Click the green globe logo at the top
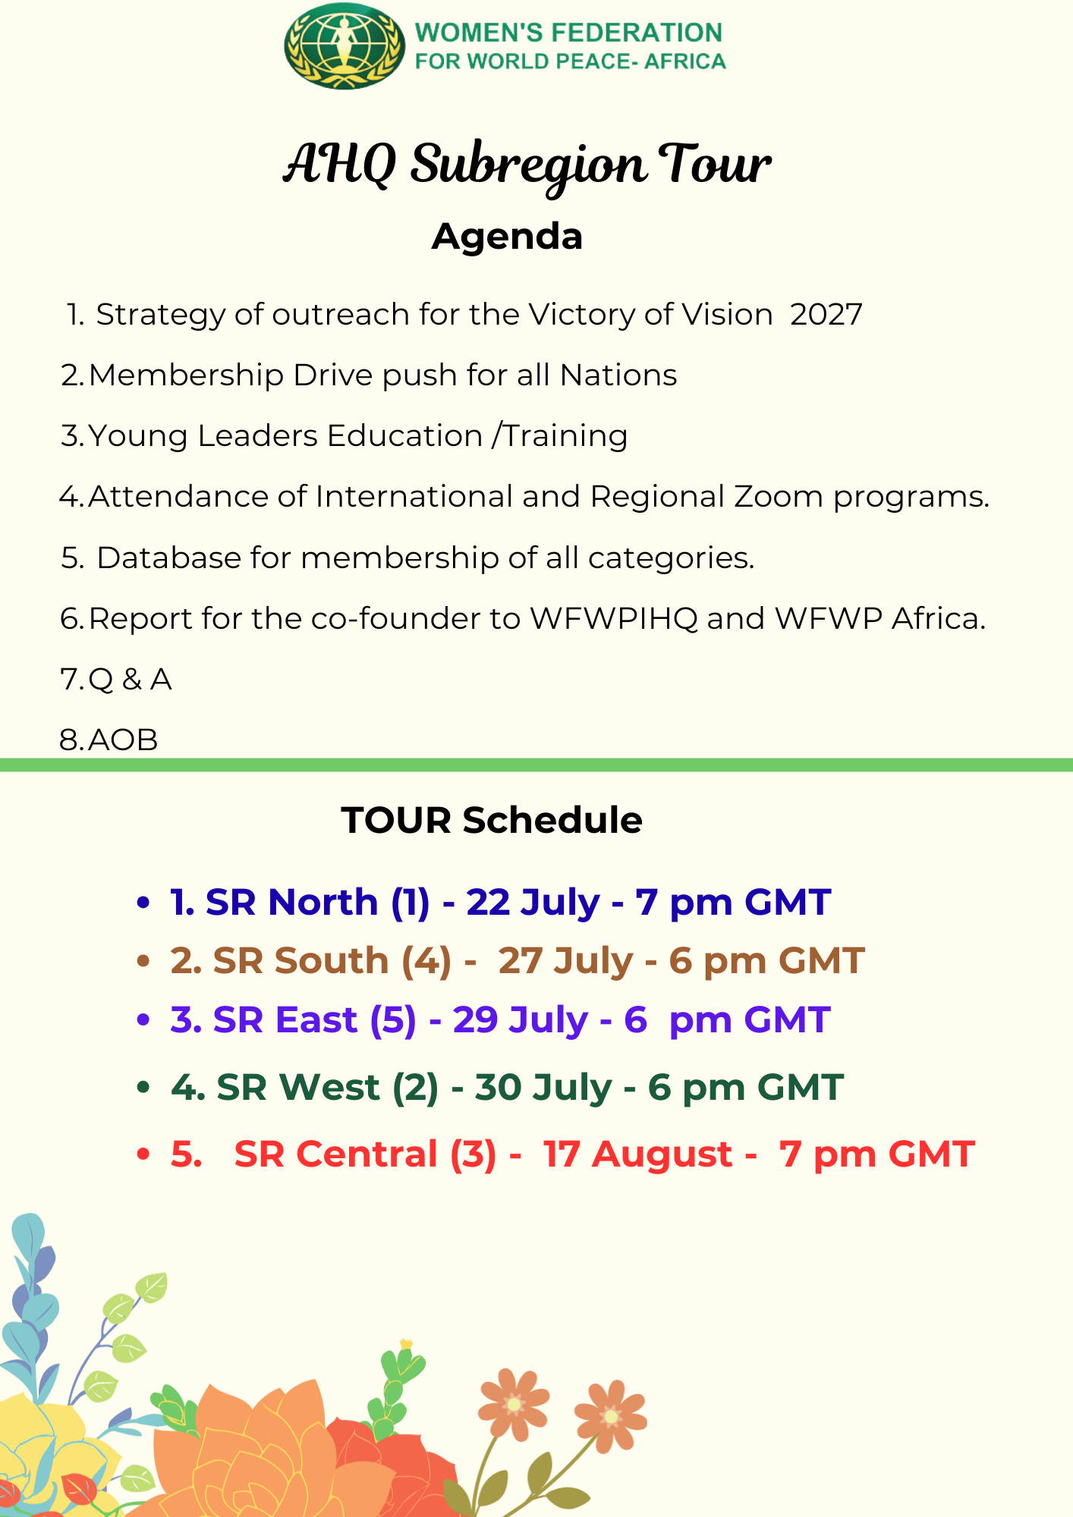pyautogui.click(x=345, y=46)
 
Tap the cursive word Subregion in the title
pyautogui.click(x=529, y=165)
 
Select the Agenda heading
pyautogui.click(x=507, y=236)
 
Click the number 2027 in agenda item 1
pyautogui.click(x=826, y=314)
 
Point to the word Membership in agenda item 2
pyautogui.click(x=186, y=375)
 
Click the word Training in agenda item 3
pyautogui.click(x=566, y=436)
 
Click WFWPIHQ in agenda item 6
pyautogui.click(x=614, y=618)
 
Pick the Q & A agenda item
pyautogui.click(x=130, y=679)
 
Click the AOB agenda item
pyautogui.click(x=123, y=740)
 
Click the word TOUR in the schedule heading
pyautogui.click(x=396, y=820)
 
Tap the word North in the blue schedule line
pyautogui.click(x=323, y=902)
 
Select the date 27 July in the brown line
pyautogui.click(x=565, y=961)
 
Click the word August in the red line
pyautogui.click(x=662, y=1154)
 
